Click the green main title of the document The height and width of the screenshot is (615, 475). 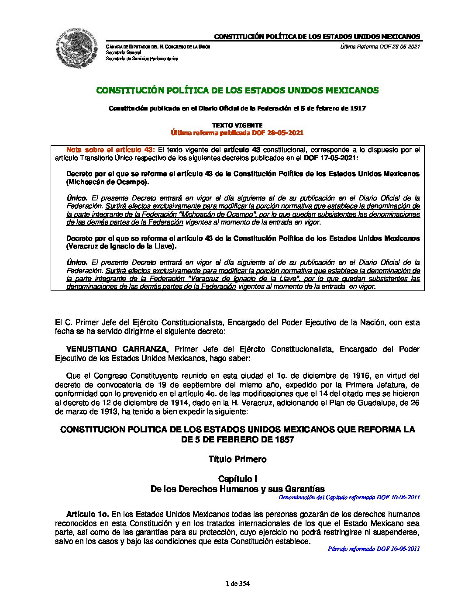click(237, 90)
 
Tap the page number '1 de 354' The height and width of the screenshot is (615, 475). click(237, 584)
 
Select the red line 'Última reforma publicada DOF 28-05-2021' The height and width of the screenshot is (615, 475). click(237, 133)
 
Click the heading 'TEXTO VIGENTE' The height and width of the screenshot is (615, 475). click(237, 125)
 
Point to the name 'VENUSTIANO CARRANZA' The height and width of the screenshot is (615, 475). click(116, 349)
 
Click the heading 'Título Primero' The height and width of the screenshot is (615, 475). click(237, 459)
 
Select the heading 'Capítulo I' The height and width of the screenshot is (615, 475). click(237, 479)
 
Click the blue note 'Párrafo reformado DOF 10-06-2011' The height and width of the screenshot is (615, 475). click(374, 549)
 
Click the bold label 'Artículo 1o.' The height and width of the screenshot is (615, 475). click(87, 514)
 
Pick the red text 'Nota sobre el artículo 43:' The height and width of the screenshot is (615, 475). click(110, 150)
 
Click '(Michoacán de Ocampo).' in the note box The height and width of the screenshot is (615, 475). click(107, 182)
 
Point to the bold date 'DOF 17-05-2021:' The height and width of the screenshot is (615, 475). click(330, 158)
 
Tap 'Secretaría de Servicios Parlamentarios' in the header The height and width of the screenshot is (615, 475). click(142, 59)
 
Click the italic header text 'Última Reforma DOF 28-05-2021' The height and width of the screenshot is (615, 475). click(380, 47)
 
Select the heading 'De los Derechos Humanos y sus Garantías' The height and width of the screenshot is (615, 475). click(237, 489)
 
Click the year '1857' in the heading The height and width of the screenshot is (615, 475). click(284, 439)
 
